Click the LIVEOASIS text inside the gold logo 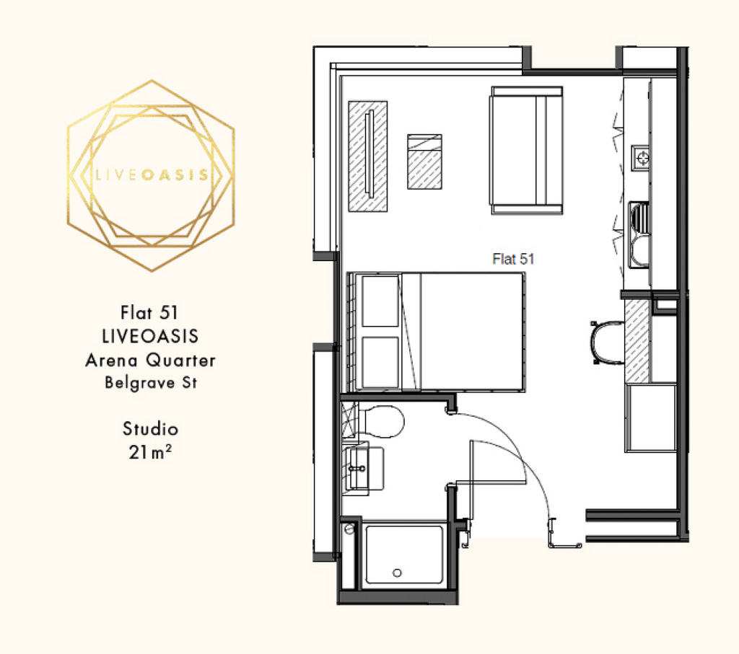click(152, 175)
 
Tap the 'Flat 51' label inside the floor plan click(513, 259)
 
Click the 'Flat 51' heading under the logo click(149, 313)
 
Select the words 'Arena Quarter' click(150, 361)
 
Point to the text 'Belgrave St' click(151, 382)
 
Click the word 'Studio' click(150, 429)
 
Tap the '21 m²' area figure click(150, 452)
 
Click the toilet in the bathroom click(380, 421)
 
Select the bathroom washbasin click(364, 469)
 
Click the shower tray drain click(397, 573)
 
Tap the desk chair click(607, 343)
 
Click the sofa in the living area click(527, 150)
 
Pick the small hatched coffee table click(424, 162)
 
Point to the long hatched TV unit click(367, 156)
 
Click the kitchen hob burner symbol click(642, 158)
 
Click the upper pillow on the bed click(380, 301)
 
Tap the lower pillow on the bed click(380, 363)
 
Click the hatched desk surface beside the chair click(637, 341)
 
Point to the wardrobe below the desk click(651, 418)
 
